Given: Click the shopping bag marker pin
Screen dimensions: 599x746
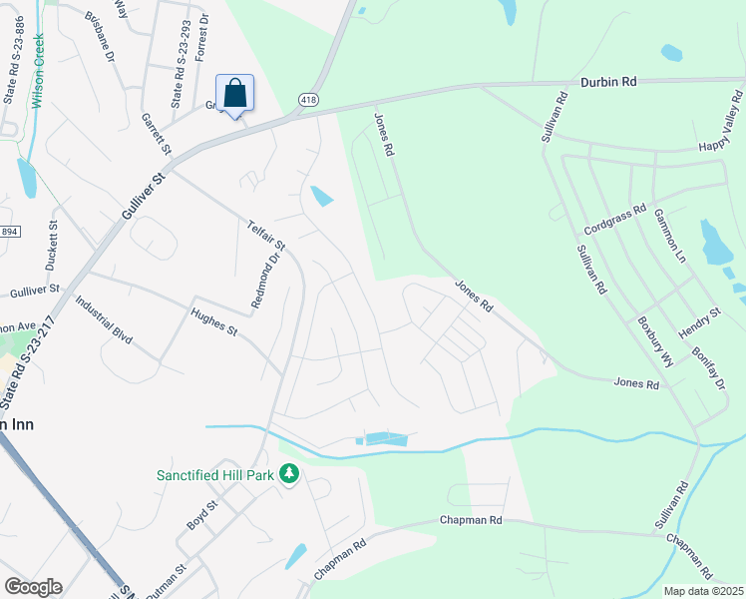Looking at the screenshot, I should click(234, 95).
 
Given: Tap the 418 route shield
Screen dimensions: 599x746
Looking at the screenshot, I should click(308, 99).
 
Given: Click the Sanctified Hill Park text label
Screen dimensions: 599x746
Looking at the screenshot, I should click(214, 475).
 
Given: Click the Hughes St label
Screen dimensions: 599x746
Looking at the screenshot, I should click(213, 321).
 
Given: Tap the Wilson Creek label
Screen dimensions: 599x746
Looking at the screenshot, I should click(40, 61).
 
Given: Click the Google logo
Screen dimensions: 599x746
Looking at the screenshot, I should click(32, 587).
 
